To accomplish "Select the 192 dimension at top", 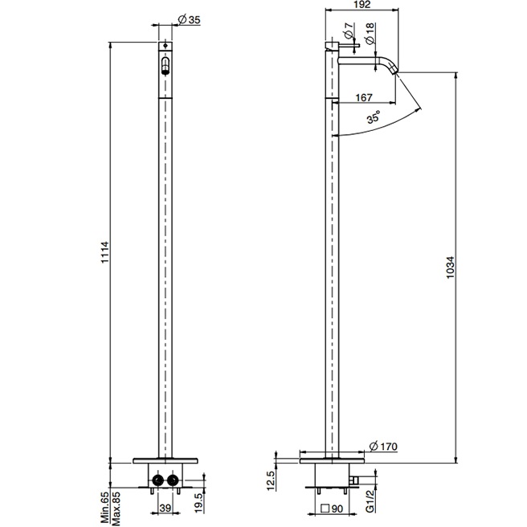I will click(362, 4).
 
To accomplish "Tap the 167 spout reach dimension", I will click(363, 97).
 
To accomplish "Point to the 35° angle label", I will click(374, 118).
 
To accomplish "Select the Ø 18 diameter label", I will click(369, 32).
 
